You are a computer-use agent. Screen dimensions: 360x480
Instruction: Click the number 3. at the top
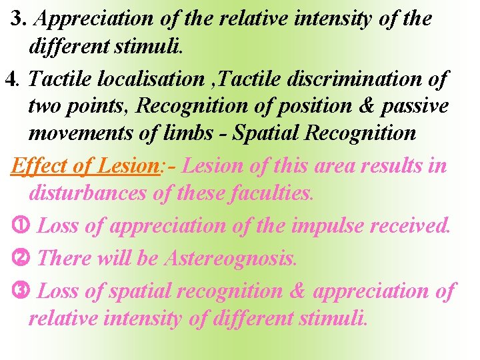19,19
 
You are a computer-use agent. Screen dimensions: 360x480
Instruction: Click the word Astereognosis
229,258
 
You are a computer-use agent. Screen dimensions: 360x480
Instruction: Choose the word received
411,226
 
